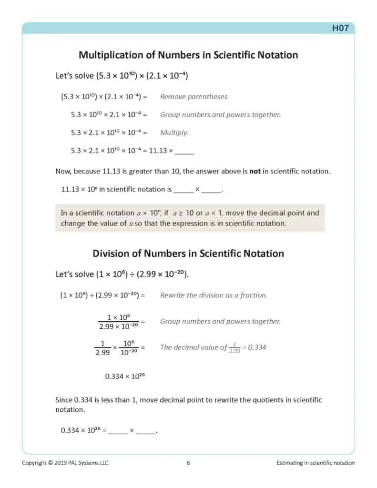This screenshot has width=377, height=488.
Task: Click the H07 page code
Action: [x=340, y=28]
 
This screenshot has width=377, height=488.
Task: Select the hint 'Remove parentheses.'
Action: [x=194, y=97]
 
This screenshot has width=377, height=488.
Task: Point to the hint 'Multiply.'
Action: [x=174, y=133]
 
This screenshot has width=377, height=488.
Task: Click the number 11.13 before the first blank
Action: [x=158, y=151]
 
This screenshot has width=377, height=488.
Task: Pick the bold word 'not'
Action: [x=255, y=171]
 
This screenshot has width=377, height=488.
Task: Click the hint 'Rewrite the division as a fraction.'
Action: [x=214, y=295]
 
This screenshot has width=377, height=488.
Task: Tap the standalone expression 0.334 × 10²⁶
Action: [x=125, y=376]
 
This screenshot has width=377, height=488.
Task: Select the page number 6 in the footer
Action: [x=188, y=463]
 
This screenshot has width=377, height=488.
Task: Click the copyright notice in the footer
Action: [x=65, y=463]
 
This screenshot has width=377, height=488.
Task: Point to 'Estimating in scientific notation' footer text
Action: [x=315, y=463]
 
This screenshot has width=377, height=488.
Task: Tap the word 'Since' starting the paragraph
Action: [x=64, y=400]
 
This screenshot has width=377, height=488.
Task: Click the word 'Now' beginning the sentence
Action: [x=63, y=171]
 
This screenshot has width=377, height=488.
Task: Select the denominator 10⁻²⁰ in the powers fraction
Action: [x=128, y=353]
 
